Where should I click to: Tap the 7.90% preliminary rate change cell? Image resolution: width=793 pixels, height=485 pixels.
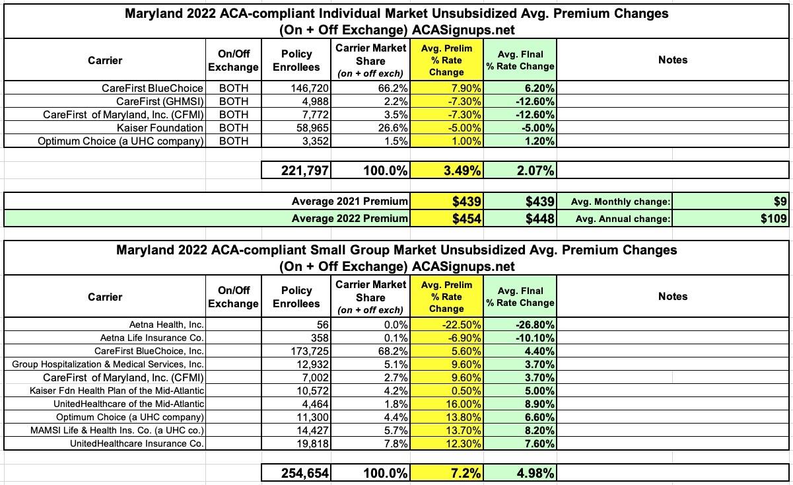pos(446,88)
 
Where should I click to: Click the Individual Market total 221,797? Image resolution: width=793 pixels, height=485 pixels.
pos(296,171)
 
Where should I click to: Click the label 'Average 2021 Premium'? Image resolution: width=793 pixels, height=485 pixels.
pos(350,202)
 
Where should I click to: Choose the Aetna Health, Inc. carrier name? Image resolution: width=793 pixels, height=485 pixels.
pos(166,324)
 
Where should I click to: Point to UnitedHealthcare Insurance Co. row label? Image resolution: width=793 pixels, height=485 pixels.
pos(137,443)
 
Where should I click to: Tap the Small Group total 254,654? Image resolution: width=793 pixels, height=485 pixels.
pos(296,474)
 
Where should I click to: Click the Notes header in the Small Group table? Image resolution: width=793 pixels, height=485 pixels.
pos(673,297)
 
